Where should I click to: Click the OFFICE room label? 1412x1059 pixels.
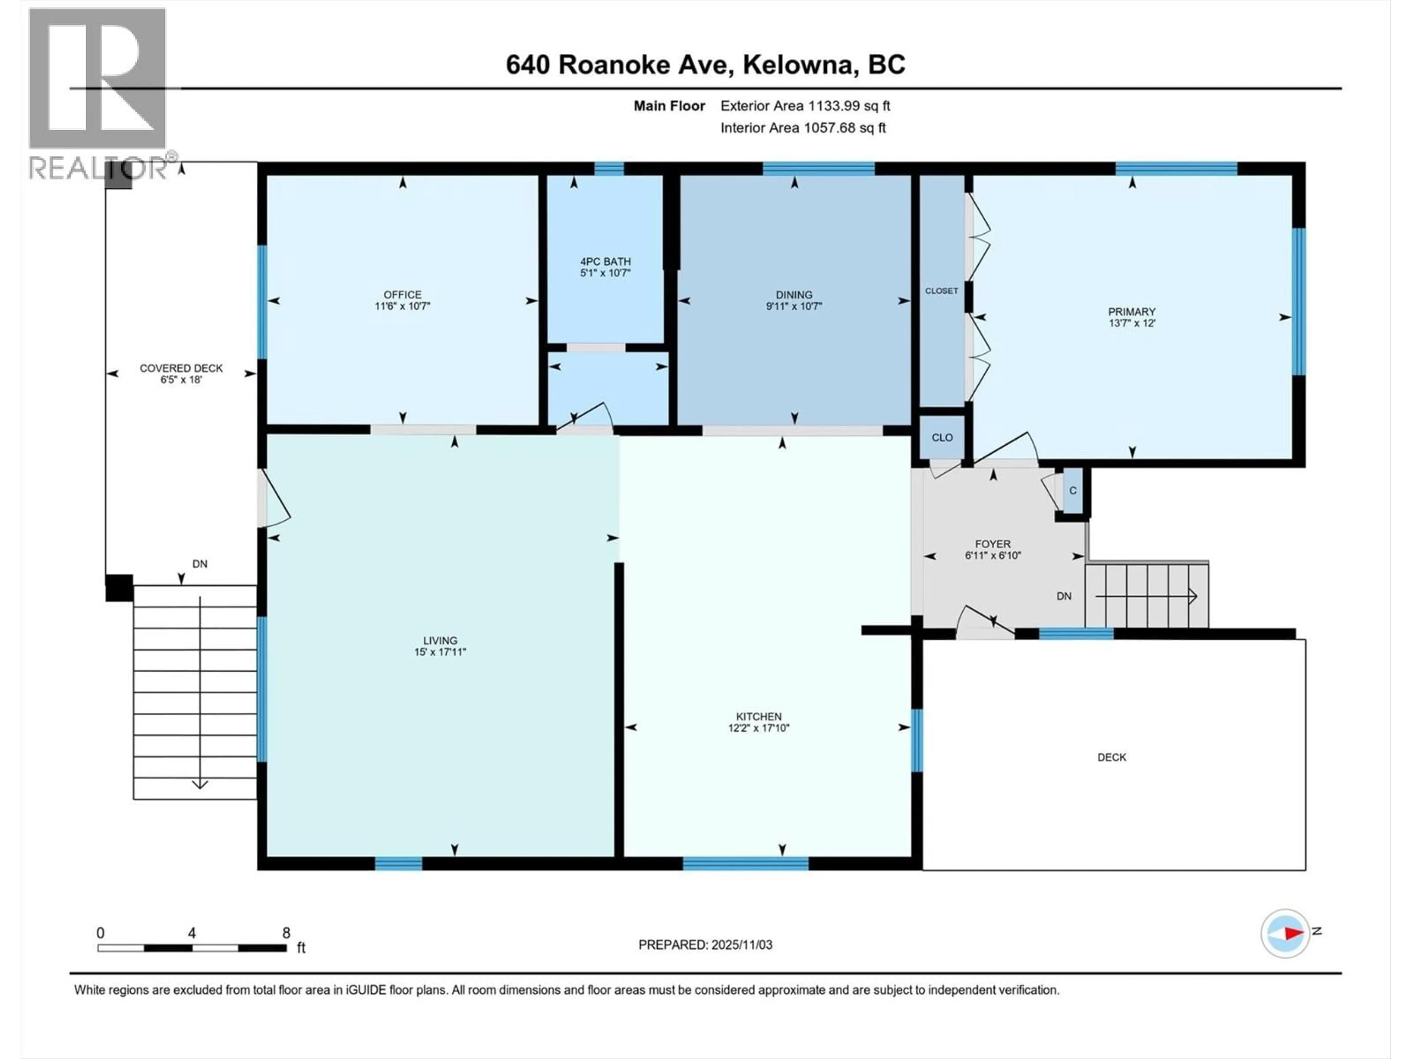coord(402,294)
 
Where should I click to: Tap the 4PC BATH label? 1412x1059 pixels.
coord(605,261)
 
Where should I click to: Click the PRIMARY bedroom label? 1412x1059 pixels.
coord(1131,311)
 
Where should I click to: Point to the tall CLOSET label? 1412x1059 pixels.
coord(942,290)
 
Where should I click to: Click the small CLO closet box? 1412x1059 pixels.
coord(942,437)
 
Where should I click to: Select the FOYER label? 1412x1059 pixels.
coord(992,544)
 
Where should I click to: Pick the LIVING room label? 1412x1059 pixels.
coord(440,640)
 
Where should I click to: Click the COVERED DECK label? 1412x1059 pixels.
coord(181,368)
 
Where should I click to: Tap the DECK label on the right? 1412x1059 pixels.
coord(1111,757)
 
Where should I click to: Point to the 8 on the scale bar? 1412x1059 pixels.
coord(286,933)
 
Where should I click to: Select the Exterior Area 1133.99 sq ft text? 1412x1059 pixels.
coord(805,106)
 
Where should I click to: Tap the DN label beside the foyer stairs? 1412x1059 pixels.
coord(1063,596)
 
